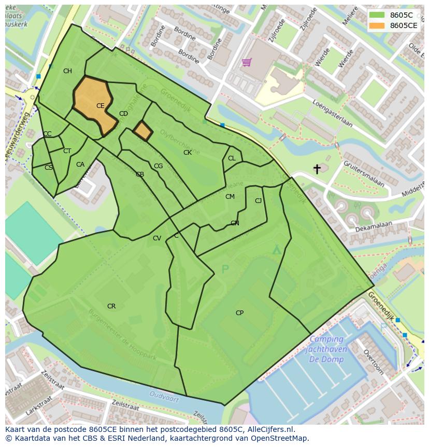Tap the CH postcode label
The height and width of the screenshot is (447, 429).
click(x=67, y=71)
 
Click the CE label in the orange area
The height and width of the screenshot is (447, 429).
click(x=100, y=106)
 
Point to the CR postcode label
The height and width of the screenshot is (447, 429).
click(x=111, y=306)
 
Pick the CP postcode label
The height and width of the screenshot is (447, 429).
click(x=239, y=313)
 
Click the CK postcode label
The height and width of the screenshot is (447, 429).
click(x=188, y=153)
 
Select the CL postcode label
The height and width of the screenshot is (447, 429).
click(x=232, y=158)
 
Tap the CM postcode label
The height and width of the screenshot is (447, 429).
click(x=230, y=197)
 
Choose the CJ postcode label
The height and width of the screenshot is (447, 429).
click(x=258, y=201)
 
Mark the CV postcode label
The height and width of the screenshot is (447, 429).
click(x=157, y=238)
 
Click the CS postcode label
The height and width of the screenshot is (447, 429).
click(x=48, y=168)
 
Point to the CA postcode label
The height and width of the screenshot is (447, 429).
click(x=80, y=165)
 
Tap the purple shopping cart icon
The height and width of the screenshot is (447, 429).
click(x=247, y=62)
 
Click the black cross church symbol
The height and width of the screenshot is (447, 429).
click(x=317, y=169)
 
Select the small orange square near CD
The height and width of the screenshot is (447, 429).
click(x=142, y=131)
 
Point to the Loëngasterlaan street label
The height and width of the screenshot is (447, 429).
click(x=332, y=114)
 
